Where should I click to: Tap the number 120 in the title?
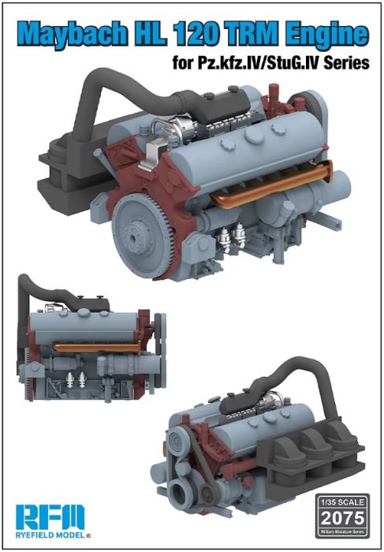click(x=203, y=32)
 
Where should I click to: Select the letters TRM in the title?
click(x=255, y=32)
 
